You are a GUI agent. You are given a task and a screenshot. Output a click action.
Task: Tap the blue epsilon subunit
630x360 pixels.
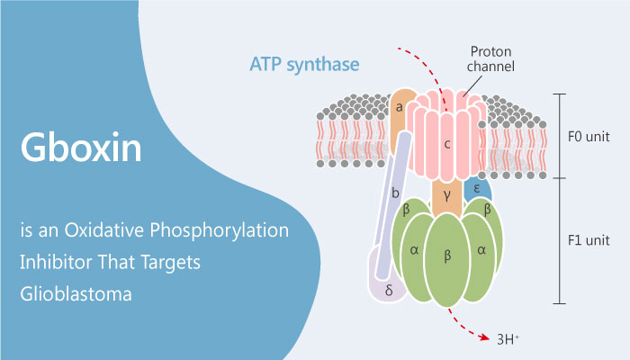click(x=478, y=189)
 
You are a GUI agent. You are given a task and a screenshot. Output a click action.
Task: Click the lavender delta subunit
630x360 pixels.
click(x=388, y=290)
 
